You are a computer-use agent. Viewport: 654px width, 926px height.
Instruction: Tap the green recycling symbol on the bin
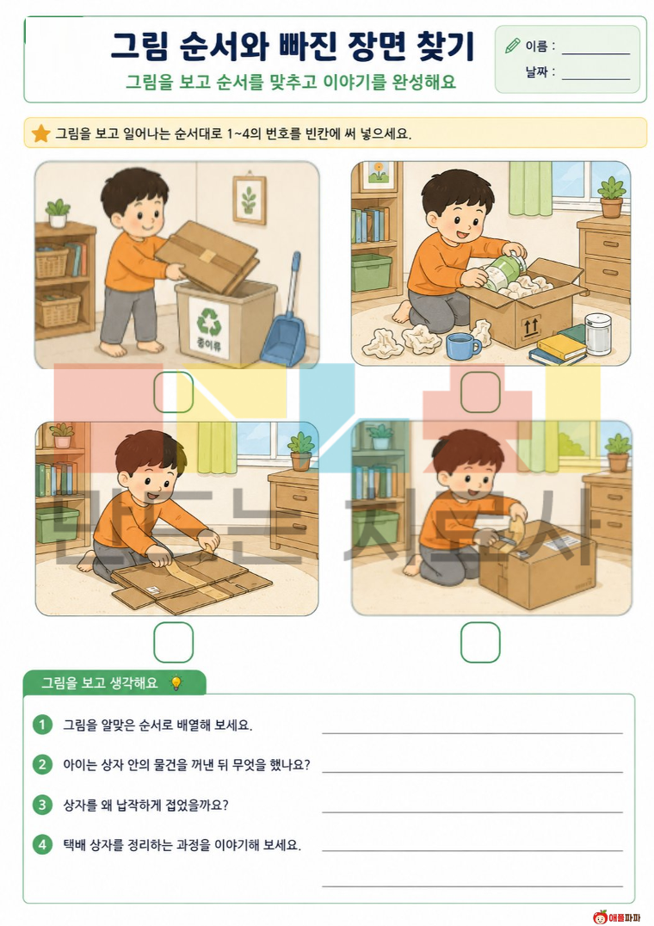tap(209, 321)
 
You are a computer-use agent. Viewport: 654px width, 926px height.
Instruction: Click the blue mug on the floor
tap(463, 346)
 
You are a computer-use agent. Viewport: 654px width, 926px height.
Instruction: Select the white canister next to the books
tap(599, 334)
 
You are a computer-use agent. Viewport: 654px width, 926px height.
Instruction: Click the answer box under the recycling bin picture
tap(174, 392)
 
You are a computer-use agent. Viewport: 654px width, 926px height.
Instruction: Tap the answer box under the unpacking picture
tap(480, 392)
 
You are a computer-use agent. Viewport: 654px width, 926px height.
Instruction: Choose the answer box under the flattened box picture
tap(174, 642)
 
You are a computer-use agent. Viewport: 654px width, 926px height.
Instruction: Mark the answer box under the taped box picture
tap(480, 642)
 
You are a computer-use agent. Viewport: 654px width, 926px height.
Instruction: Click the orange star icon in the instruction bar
tap(40, 133)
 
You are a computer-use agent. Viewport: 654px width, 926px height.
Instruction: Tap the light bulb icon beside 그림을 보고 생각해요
tap(176, 683)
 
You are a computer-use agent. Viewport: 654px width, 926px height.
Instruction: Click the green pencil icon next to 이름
tap(512, 46)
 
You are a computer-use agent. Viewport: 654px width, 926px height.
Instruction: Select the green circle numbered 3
tap(42, 805)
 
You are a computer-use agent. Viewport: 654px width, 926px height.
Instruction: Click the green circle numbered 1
tap(42, 725)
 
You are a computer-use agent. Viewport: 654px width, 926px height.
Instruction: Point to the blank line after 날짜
tap(596, 78)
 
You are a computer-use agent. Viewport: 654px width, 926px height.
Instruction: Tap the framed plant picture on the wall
tap(249, 199)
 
